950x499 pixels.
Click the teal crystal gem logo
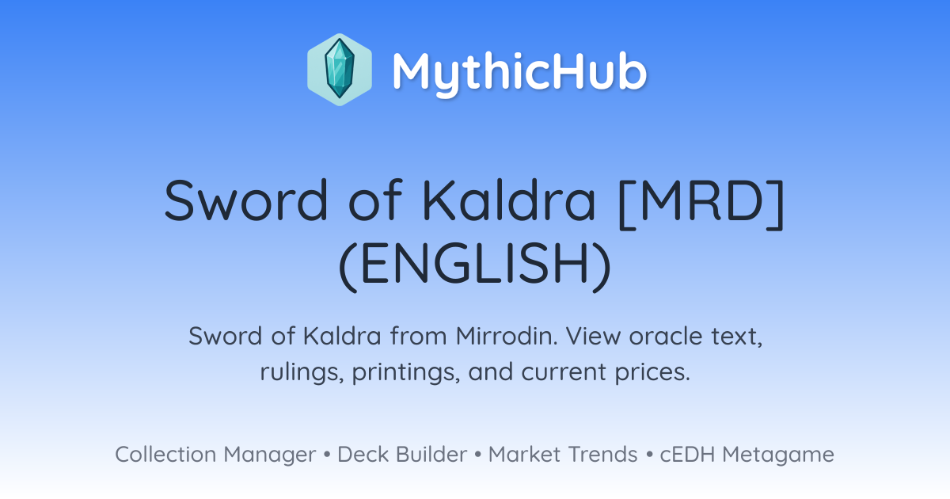(340, 70)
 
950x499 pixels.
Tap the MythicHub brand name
(520, 72)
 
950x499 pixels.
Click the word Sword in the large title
(246, 200)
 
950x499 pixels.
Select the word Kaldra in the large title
(509, 200)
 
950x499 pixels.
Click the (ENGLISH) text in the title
(475, 264)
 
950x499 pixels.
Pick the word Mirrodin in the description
(507, 336)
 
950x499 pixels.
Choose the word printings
(406, 372)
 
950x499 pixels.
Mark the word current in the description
(564, 372)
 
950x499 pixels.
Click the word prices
(652, 372)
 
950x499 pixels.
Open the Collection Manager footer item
(215, 455)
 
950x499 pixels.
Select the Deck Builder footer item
(402, 454)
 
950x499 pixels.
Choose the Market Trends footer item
(563, 454)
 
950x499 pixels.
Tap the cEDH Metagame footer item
(747, 455)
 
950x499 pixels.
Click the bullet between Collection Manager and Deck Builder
(326, 455)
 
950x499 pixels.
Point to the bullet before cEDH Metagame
(649, 455)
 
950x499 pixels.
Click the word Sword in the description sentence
(225, 336)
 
